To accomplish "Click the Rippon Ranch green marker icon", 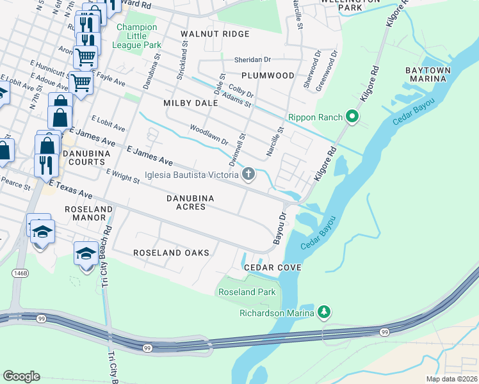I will click(x=351, y=117).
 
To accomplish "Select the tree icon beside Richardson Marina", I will click(x=325, y=312).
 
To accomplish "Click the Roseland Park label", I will click(x=247, y=292).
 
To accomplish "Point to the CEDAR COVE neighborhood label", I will click(x=272, y=267).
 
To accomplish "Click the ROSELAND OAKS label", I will click(x=171, y=253).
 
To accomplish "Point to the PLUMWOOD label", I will click(x=272, y=76).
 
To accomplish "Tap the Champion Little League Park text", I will click(x=136, y=36).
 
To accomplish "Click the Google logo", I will click(x=21, y=376).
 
